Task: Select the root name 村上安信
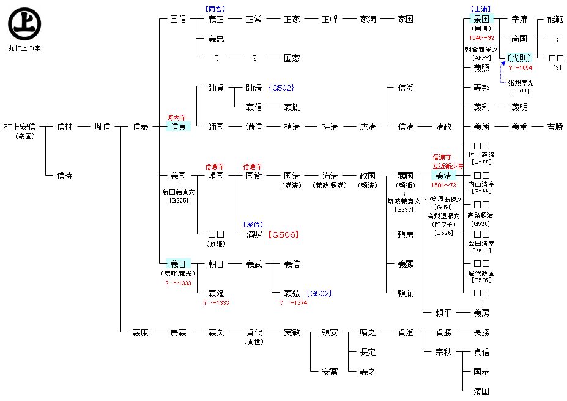click(x=20, y=127)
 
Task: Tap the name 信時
click(x=64, y=176)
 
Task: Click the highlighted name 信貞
click(x=178, y=127)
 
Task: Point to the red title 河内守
click(x=178, y=117)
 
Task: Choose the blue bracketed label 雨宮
click(x=215, y=9)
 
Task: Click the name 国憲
click(x=292, y=58)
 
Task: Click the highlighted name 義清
click(x=443, y=176)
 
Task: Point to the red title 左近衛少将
click(x=448, y=166)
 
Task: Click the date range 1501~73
click(x=443, y=186)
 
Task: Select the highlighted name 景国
click(x=481, y=19)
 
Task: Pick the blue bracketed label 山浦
click(x=481, y=9)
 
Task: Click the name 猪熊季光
click(x=521, y=83)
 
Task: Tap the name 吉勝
click(x=555, y=127)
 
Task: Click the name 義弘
click(x=292, y=293)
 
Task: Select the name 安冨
click(x=330, y=372)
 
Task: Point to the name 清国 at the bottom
click(x=481, y=391)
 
